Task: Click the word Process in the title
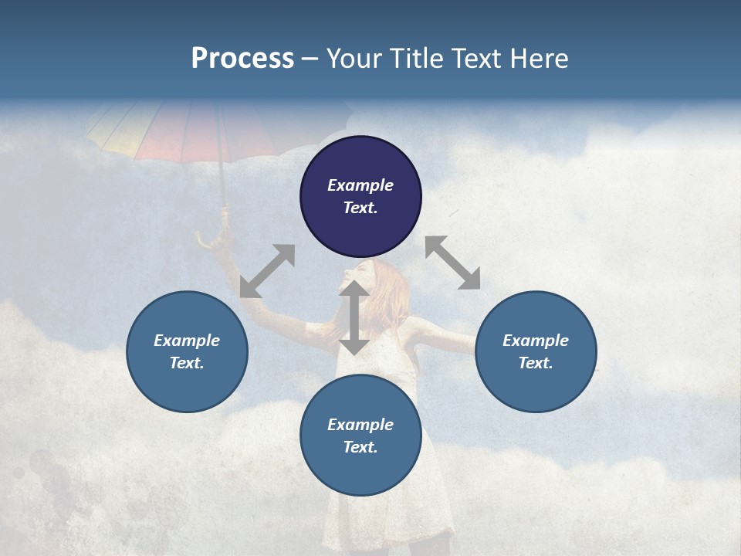242,59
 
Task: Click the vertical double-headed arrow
354,317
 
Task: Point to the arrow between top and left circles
267,271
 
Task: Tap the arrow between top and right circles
452,263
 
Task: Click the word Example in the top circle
360,185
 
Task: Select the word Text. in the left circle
187,363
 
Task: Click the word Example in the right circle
536,341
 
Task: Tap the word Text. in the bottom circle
360,447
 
